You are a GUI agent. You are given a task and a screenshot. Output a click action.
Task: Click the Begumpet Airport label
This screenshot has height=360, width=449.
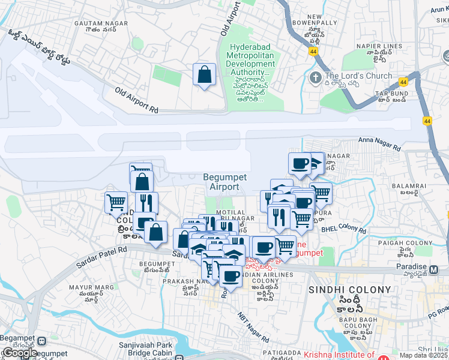(x=221, y=182)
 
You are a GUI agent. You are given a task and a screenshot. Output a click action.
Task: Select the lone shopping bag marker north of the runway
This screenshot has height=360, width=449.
(x=204, y=76)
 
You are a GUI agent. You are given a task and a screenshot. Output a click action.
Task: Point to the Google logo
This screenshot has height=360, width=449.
(x=19, y=353)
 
